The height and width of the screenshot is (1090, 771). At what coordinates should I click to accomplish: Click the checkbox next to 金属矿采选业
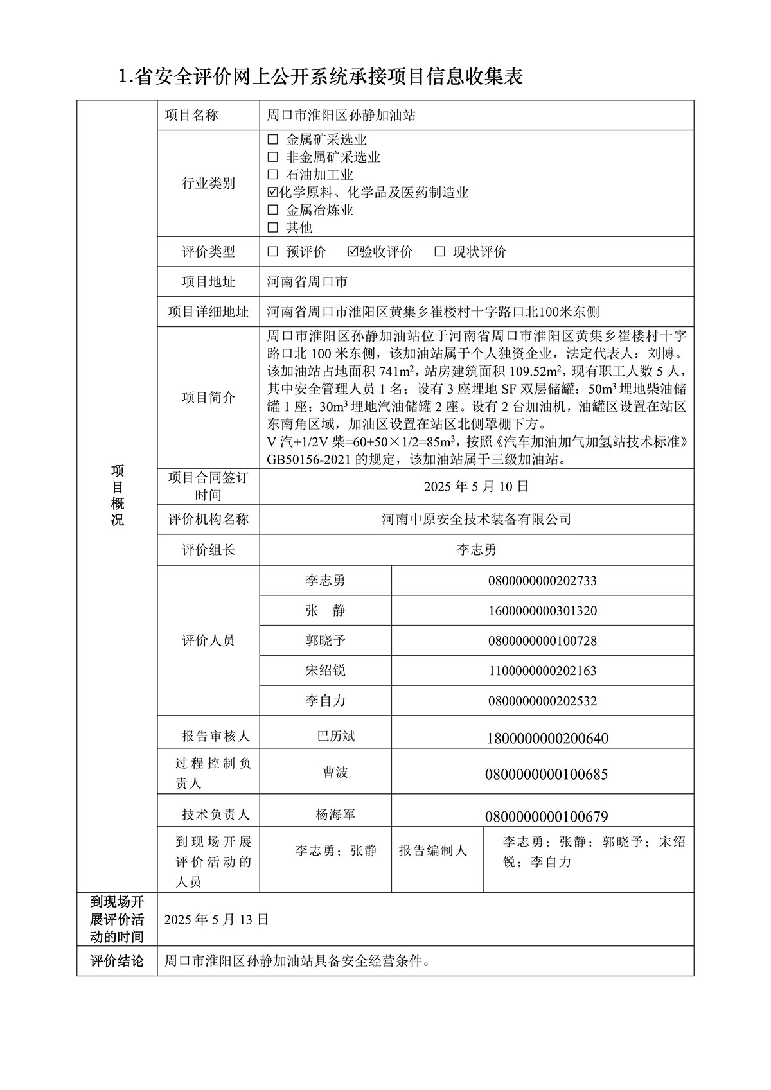pyautogui.click(x=273, y=139)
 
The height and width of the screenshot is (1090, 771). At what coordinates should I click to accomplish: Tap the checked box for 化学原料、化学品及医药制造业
pyautogui.click(x=273, y=192)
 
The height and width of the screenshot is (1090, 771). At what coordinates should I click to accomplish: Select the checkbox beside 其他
pyautogui.click(x=273, y=227)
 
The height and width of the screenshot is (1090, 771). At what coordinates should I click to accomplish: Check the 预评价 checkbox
pyautogui.click(x=273, y=252)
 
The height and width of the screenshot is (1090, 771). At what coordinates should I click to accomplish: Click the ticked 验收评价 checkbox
pyautogui.click(x=353, y=252)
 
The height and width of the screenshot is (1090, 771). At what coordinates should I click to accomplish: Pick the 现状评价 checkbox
pyautogui.click(x=439, y=252)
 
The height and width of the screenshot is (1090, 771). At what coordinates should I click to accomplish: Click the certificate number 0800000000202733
pyautogui.click(x=542, y=581)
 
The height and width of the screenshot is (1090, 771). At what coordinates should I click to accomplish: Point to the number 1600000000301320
pyautogui.click(x=542, y=611)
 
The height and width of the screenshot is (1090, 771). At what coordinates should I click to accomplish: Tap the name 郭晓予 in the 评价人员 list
pyautogui.click(x=325, y=640)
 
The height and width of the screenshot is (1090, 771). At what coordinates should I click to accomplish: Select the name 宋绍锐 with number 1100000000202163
pyautogui.click(x=325, y=671)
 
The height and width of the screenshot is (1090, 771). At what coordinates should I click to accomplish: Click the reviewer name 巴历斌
pyautogui.click(x=336, y=736)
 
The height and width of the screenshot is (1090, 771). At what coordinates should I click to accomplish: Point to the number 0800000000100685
pyautogui.click(x=546, y=775)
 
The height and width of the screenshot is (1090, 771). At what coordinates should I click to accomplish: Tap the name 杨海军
pyautogui.click(x=335, y=815)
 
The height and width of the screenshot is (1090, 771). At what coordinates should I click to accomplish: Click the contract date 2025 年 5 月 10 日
pyautogui.click(x=476, y=487)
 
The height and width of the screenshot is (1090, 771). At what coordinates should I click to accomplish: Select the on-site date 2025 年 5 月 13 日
pyautogui.click(x=217, y=919)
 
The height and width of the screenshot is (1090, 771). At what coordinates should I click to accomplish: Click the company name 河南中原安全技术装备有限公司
pyautogui.click(x=476, y=519)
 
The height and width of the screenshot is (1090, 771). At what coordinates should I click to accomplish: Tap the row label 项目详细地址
pyautogui.click(x=208, y=312)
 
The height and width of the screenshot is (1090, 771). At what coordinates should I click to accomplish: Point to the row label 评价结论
pyautogui.click(x=117, y=962)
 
